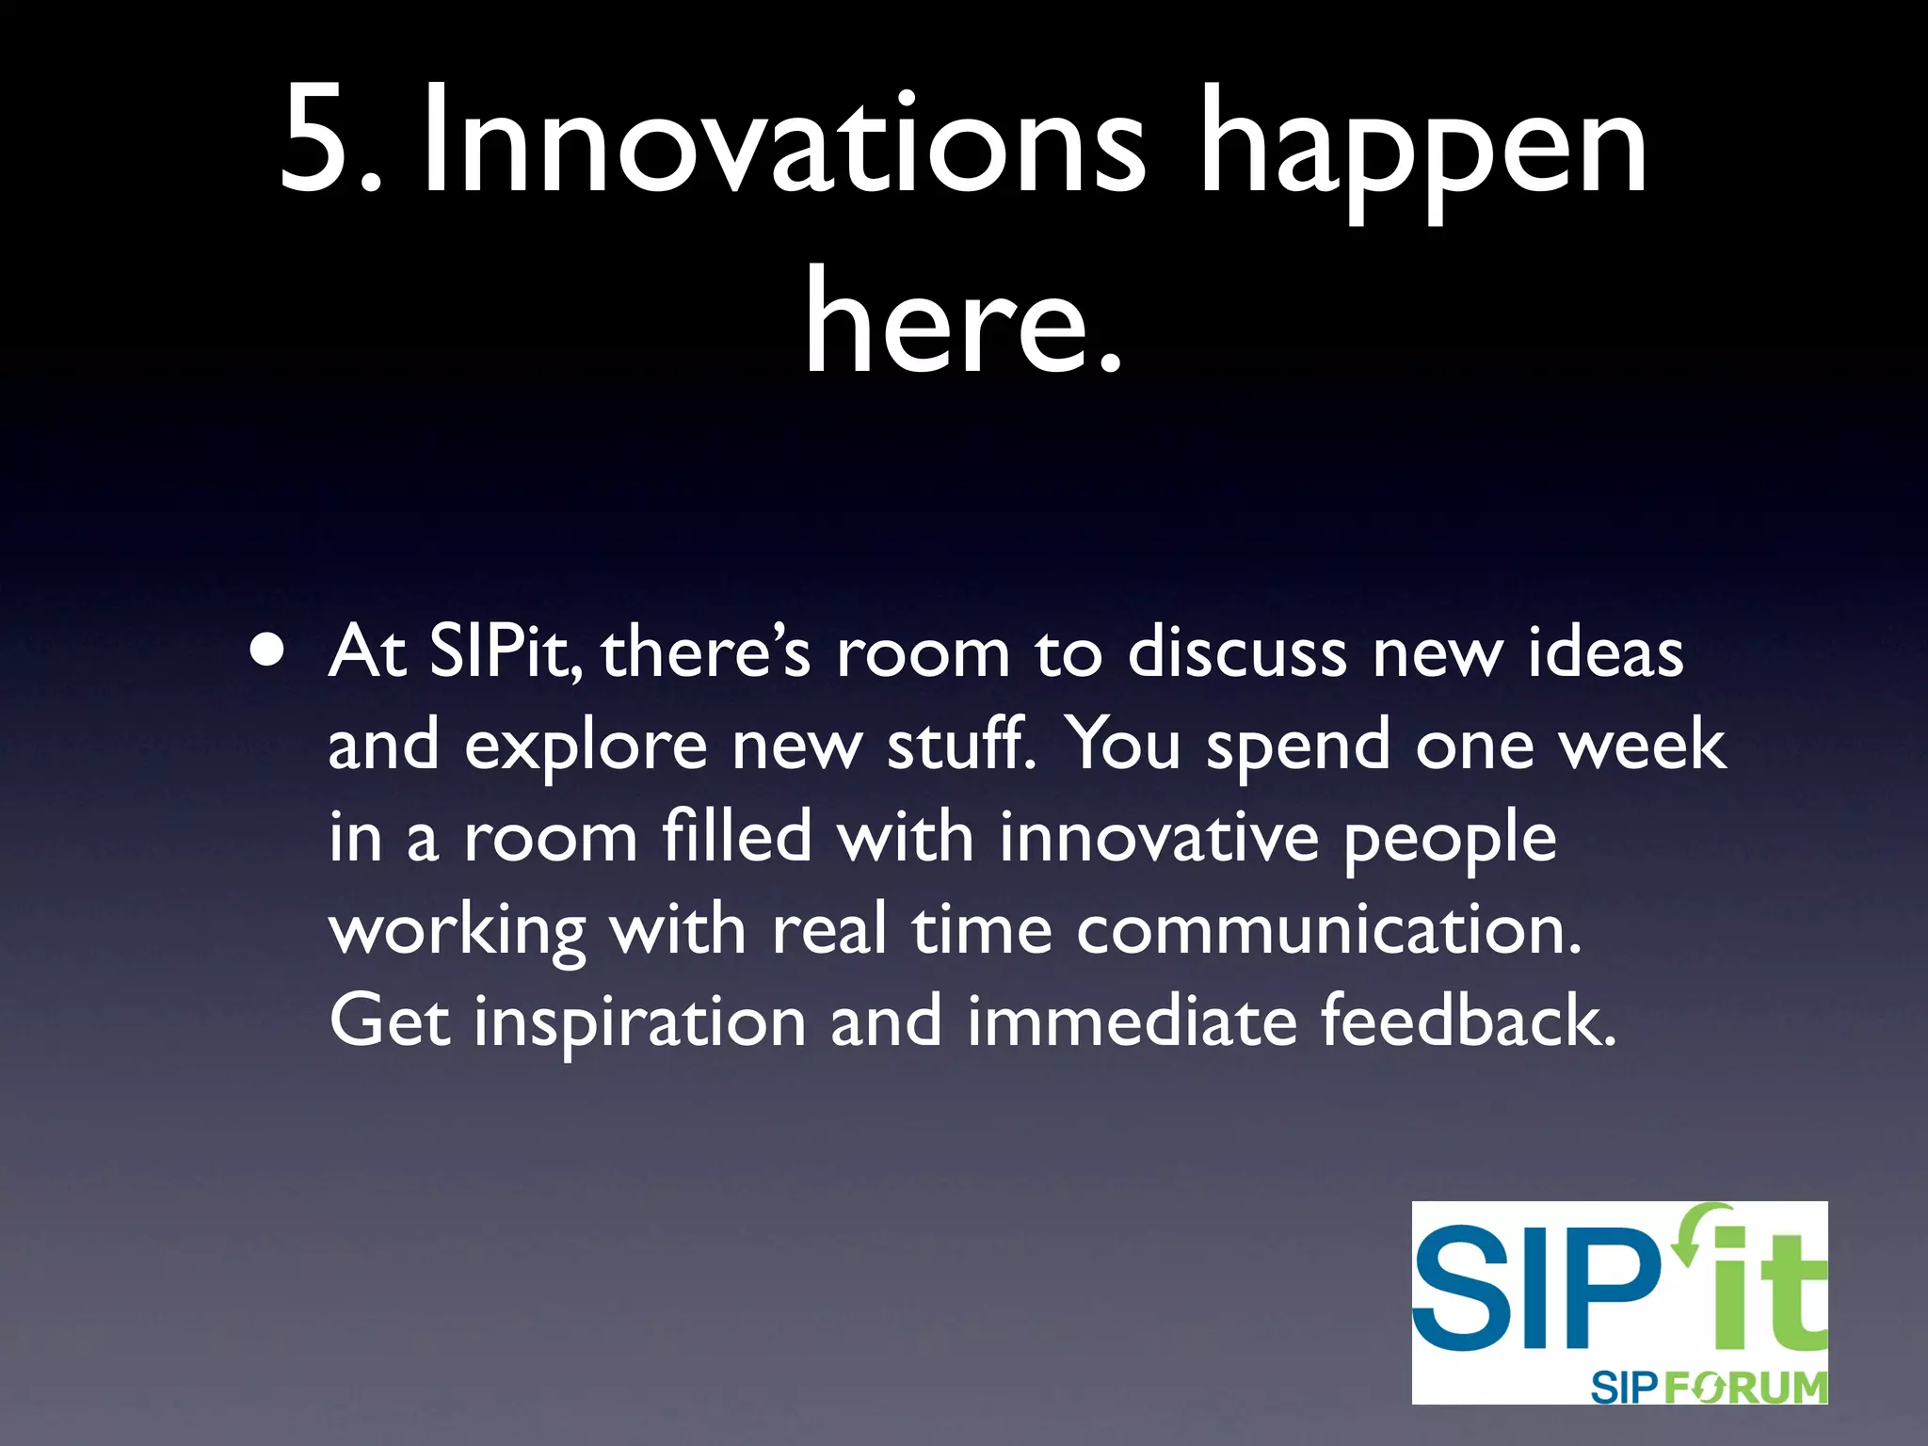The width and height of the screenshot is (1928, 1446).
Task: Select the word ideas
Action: [x=1605, y=651]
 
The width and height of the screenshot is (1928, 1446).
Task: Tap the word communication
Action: [x=1327, y=929]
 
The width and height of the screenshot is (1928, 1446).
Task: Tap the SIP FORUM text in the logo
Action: [x=1708, y=1387]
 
